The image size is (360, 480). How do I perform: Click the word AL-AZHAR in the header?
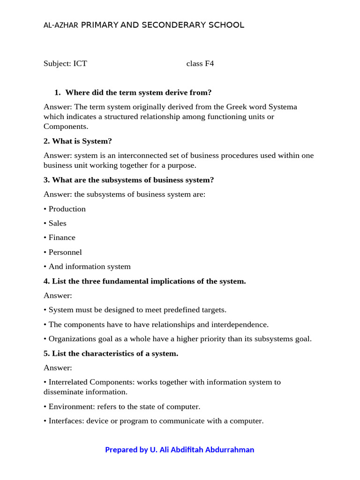point(61,25)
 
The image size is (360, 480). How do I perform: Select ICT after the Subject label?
point(80,63)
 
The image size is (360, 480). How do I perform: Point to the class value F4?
point(209,63)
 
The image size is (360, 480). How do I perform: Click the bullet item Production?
point(67,209)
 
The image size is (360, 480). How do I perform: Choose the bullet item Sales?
point(58,223)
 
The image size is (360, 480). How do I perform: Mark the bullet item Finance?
point(62,238)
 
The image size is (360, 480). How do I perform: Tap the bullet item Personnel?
point(65,252)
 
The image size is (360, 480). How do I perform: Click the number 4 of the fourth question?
point(46,281)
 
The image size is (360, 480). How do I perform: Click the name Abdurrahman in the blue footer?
point(230,450)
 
